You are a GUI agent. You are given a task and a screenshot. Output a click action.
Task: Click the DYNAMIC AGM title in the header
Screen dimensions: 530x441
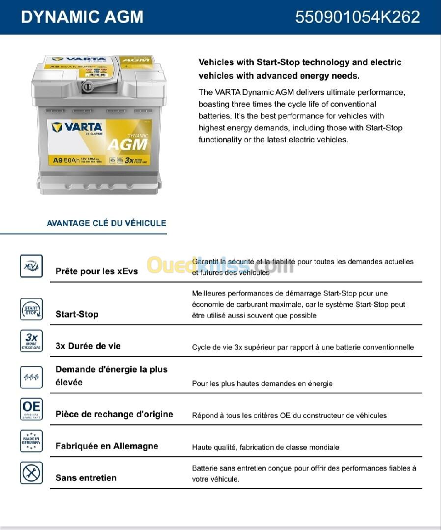point(82,17)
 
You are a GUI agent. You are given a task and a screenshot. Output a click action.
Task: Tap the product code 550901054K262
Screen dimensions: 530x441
point(357,17)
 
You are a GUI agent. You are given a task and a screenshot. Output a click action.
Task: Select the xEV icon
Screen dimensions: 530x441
point(31,266)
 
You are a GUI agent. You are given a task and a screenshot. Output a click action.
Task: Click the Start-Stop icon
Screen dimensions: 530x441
point(31,309)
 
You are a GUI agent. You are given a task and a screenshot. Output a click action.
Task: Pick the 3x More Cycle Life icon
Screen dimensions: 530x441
point(31,341)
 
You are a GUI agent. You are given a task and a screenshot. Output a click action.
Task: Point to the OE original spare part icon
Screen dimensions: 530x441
point(31,409)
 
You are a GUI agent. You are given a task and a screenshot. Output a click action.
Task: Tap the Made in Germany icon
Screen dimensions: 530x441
point(31,441)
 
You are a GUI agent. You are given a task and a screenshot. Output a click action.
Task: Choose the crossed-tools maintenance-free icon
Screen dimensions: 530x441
point(31,473)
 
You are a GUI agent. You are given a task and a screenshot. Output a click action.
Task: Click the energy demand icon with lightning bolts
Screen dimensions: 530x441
point(31,377)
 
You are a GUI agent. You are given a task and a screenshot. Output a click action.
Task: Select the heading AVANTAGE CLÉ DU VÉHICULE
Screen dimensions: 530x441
point(106,223)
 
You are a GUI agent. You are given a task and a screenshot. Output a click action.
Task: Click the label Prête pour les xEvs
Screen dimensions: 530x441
point(97,271)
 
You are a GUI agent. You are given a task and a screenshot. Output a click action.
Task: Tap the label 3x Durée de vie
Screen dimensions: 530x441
point(88,346)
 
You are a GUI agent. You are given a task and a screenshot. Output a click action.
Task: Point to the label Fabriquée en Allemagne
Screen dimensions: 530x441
point(107,446)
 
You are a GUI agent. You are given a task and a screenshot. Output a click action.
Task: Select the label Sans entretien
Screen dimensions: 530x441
point(86,478)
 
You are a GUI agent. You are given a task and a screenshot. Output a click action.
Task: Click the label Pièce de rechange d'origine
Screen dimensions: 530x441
point(114,414)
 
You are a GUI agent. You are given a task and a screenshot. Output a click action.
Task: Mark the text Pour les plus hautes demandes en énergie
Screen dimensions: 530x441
point(262,383)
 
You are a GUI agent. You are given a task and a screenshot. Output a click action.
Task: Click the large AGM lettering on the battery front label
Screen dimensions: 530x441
point(127,144)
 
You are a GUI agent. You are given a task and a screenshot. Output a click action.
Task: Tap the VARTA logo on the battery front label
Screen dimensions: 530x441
point(77,128)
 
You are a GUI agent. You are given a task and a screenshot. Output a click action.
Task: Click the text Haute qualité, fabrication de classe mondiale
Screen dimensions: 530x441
point(265,447)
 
